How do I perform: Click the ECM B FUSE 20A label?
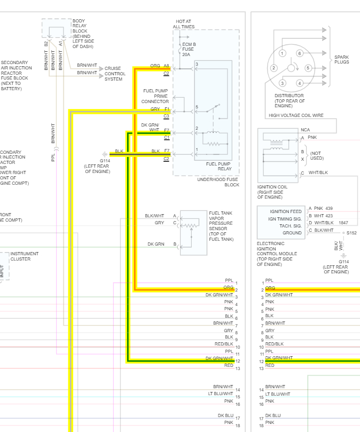tap(190, 49)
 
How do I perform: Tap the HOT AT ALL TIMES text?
tap(184, 24)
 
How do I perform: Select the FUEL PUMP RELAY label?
tap(218, 166)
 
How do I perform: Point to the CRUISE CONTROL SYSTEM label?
tap(115, 74)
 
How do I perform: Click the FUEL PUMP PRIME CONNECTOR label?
tap(155, 96)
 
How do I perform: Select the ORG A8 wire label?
tap(160, 66)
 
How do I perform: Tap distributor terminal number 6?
tap(300, 53)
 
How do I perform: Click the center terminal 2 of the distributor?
tap(273, 68)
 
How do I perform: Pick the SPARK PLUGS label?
tap(342, 59)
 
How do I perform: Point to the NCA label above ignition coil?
tap(305, 130)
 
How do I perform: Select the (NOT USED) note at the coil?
tap(316, 155)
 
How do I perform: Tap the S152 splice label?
tap(351, 233)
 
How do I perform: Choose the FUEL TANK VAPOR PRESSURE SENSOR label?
tap(221, 226)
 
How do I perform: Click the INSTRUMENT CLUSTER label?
tap(25, 256)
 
